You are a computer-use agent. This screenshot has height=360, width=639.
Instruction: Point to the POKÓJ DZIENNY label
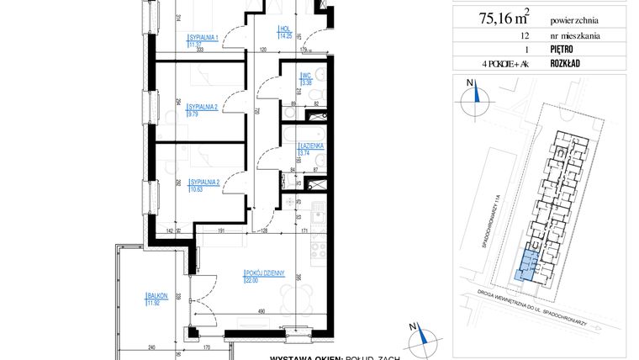(267, 273)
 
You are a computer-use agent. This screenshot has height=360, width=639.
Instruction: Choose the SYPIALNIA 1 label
(203, 38)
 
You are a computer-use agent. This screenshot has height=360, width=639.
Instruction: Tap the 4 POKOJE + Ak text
(504, 63)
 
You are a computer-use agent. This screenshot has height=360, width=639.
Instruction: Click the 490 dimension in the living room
(261, 311)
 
